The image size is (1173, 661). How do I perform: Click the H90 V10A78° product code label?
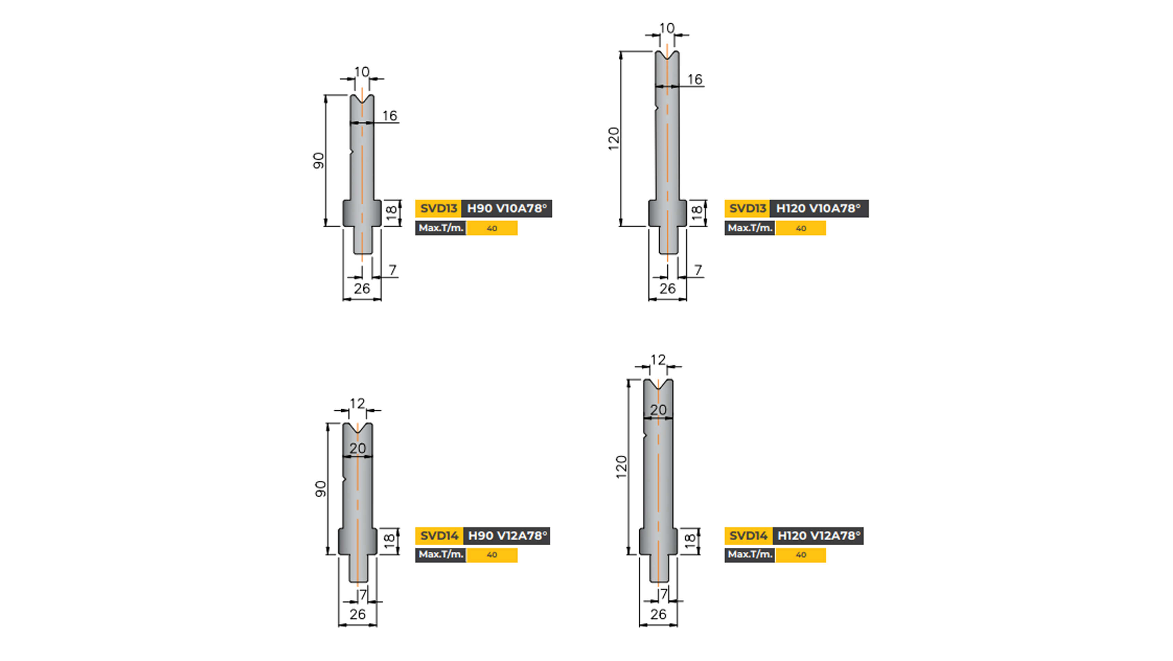(506, 209)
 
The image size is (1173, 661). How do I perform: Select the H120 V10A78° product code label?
(818, 209)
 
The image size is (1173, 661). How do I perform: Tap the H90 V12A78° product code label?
(507, 536)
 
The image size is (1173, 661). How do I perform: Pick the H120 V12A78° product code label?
(818, 536)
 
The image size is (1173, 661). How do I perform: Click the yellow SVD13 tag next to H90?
(438, 209)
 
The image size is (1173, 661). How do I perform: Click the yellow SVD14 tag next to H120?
(748, 536)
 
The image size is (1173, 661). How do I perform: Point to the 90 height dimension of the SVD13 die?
(318, 160)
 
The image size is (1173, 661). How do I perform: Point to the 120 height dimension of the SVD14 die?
(621, 467)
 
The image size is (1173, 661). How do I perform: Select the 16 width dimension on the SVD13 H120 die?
(694, 80)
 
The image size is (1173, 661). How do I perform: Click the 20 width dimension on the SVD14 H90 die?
(358, 448)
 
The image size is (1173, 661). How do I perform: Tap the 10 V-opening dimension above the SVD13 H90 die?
(362, 72)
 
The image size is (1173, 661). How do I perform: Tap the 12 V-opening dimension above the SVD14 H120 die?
(658, 360)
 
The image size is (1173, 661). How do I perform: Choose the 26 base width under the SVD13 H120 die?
(667, 288)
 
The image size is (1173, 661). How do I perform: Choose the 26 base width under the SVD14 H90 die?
(358, 614)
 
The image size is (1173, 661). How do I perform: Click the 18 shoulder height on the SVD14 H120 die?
(690, 541)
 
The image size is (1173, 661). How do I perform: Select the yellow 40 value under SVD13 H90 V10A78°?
(492, 228)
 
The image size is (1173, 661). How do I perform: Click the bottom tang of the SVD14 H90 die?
(358, 569)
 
